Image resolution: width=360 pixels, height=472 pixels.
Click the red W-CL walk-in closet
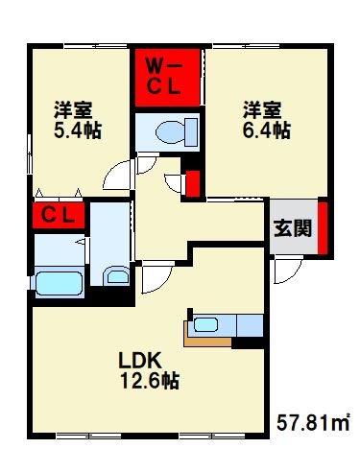click(166, 76)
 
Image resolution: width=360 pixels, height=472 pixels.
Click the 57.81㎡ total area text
click(312, 421)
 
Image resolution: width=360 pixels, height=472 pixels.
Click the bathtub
click(60, 284)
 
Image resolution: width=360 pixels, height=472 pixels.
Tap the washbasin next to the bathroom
click(116, 276)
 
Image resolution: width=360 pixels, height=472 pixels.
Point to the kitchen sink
click(207, 323)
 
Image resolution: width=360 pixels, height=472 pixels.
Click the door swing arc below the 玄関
click(284, 272)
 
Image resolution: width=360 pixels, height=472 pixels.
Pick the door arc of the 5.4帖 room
click(117, 176)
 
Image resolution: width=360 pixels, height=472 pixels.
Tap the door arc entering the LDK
click(155, 279)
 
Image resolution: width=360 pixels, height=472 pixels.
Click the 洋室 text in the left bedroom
click(72, 110)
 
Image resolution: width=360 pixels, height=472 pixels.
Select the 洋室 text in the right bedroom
click(260, 110)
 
